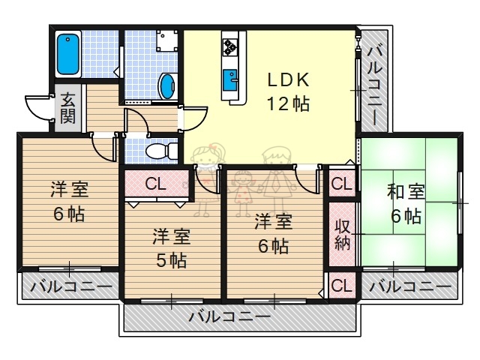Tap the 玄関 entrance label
click(67, 107)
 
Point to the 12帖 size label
click(285, 103)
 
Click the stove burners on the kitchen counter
click(229, 47)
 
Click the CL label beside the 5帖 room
click(156, 182)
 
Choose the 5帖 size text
click(172, 260)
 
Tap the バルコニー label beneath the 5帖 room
click(229, 316)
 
